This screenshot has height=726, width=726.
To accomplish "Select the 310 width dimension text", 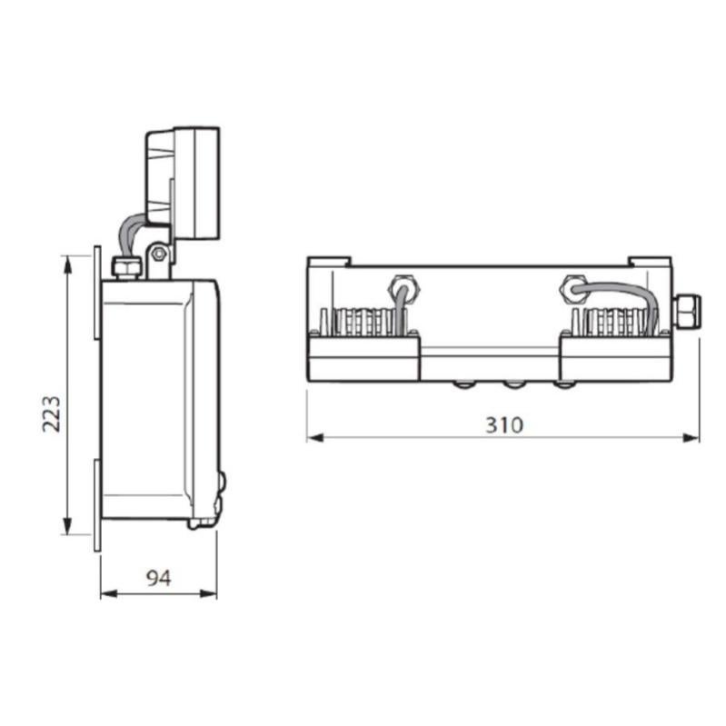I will [503, 424].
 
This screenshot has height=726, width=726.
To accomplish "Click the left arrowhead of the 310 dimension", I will [314, 438].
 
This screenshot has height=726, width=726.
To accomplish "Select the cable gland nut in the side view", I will [124, 266].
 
